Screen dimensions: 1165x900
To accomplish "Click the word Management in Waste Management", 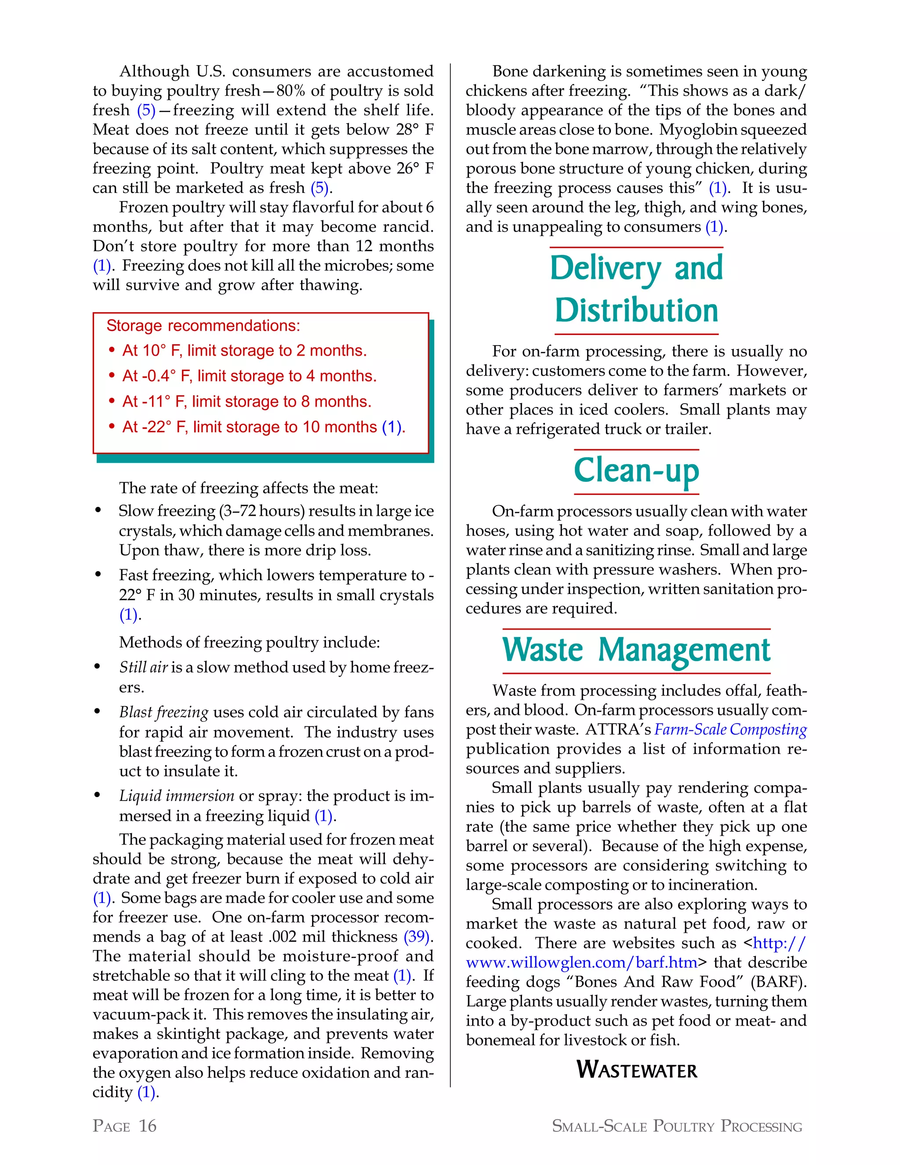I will click(684, 650).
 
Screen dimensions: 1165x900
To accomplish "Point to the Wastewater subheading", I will click(637, 1070).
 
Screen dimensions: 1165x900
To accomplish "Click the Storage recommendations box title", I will click(203, 326).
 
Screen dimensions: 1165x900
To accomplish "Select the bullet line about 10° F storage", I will click(244, 350).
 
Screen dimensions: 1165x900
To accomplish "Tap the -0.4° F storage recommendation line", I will click(249, 376).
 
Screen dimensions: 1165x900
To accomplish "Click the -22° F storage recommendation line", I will click(263, 427).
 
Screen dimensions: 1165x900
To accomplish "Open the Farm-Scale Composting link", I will click(730, 729).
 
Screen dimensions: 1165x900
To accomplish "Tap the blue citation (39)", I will click(417, 937).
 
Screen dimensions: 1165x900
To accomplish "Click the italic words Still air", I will click(143, 667).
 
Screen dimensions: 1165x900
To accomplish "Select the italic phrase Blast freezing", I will click(163, 712).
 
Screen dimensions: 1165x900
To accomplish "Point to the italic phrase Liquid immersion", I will click(177, 796).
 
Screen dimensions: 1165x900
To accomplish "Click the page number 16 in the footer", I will click(148, 1125).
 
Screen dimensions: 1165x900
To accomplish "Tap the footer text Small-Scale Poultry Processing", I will click(677, 1126).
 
